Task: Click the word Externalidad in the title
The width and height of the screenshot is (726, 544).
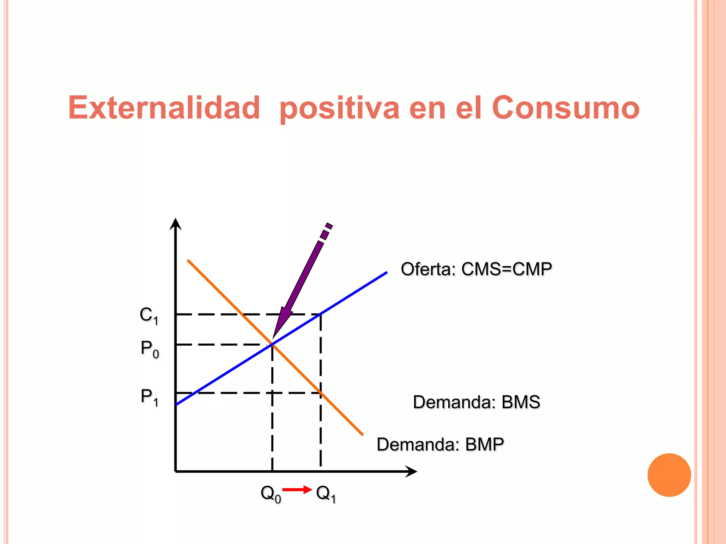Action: [164, 108]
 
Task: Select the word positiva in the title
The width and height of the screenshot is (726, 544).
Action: [339, 108]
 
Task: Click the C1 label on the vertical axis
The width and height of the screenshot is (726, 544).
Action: [149, 315]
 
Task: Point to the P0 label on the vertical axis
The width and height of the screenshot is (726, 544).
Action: [150, 349]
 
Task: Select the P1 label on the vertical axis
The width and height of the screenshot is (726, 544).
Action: [149, 397]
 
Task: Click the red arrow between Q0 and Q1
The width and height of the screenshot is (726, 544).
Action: [297, 490]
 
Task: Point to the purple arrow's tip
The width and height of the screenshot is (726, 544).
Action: [273, 338]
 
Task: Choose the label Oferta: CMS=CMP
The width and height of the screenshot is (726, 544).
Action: [476, 269]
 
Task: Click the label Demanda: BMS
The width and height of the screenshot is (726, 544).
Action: [476, 402]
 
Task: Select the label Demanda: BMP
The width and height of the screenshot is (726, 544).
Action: [440, 444]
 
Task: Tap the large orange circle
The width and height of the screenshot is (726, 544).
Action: [669, 475]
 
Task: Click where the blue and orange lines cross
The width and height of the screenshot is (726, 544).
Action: [272, 344]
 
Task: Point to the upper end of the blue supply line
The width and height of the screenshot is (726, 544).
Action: [386, 273]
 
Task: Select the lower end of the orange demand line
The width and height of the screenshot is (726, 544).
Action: [362, 434]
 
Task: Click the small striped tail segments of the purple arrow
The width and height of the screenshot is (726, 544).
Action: [326, 232]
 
